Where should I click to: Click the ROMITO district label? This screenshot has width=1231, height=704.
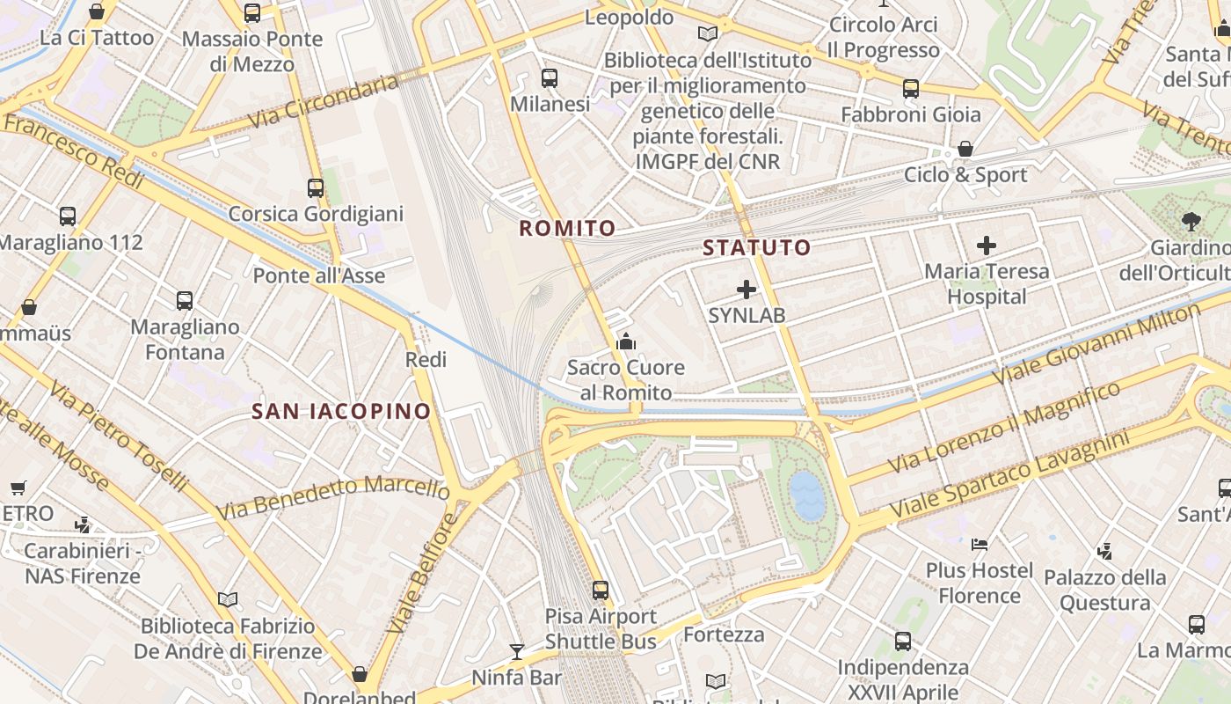[567, 229]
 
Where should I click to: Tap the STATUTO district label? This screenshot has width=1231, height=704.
[756, 247]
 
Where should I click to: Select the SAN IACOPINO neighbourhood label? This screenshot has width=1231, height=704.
[341, 411]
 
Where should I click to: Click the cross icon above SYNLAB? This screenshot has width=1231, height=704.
[747, 289]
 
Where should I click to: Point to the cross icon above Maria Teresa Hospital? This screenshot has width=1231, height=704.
[987, 246]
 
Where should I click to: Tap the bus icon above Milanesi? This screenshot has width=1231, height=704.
[550, 78]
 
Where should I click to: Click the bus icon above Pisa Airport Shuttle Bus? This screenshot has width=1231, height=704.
[601, 590]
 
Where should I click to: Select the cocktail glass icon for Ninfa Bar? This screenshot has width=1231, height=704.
[517, 652]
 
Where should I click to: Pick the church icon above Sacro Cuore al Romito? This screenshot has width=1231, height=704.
[626, 341]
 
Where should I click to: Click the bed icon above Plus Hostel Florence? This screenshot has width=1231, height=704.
[980, 545]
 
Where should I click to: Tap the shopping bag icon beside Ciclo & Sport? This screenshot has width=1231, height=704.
[965, 149]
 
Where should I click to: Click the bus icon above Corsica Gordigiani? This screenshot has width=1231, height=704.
[316, 188]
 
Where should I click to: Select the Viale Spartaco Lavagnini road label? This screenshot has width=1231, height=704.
[1009, 474]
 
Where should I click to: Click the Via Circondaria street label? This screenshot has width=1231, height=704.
[324, 102]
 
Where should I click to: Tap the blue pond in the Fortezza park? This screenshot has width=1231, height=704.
[807, 494]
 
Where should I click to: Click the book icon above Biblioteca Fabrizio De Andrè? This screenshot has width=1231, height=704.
[228, 600]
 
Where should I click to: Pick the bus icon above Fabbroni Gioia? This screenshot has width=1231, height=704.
[911, 89]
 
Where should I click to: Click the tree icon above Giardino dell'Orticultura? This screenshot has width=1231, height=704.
[1191, 222]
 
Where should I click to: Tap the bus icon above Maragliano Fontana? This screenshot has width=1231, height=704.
[185, 301]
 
